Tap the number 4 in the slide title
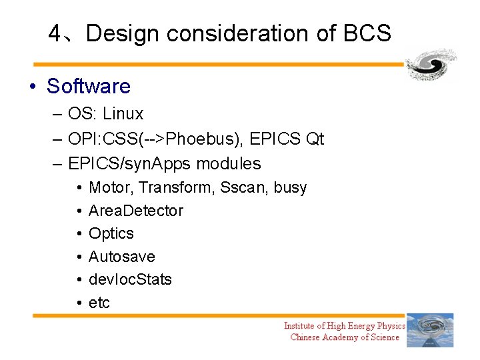55,33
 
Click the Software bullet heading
88,87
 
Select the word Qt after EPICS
314,139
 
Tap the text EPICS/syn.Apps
131,163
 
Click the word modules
230,163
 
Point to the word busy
290,188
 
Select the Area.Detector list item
135,211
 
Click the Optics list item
111,234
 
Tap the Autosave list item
121,257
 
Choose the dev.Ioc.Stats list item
130,279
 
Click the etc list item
99,303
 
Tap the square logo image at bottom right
430,330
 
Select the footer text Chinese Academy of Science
345,337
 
